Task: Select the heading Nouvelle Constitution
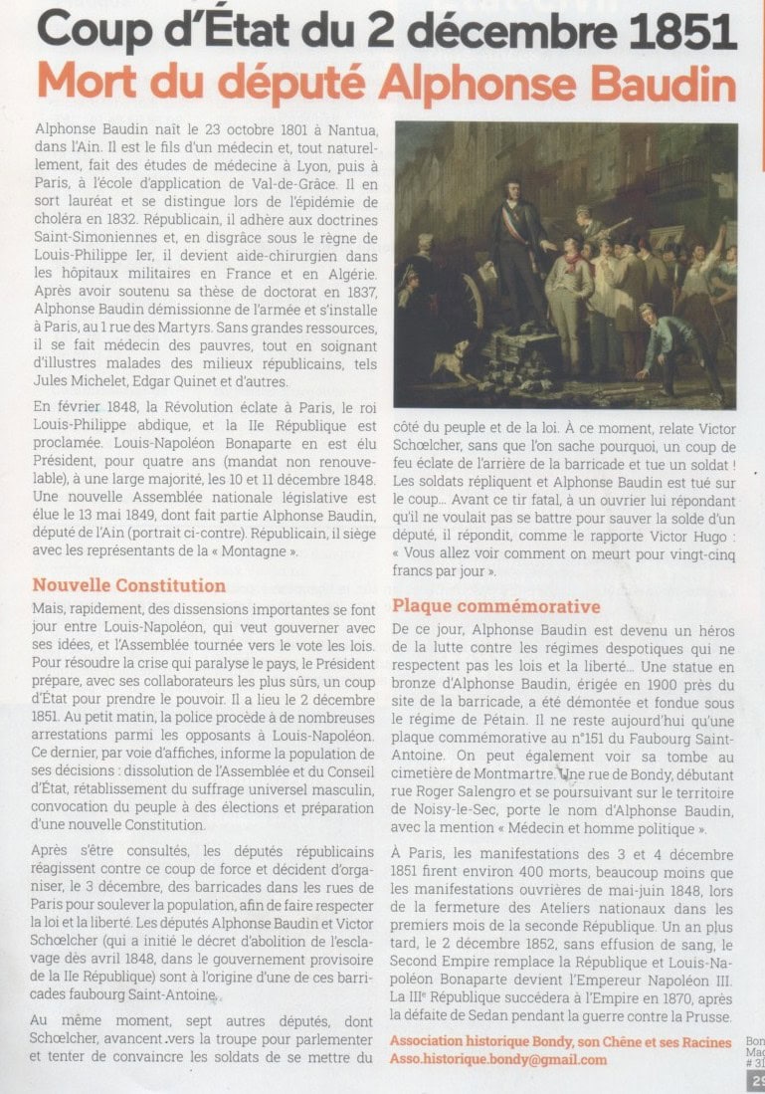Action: coord(128,585)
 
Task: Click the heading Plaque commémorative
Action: coord(495,606)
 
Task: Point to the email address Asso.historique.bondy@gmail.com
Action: coord(497,1059)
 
